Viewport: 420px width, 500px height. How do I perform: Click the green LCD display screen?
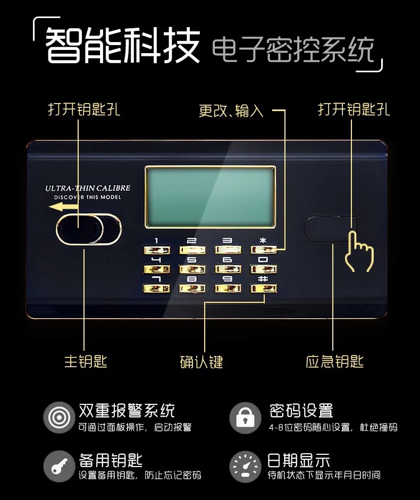[x=211, y=197]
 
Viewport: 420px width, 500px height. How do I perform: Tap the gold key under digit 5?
[x=192, y=269]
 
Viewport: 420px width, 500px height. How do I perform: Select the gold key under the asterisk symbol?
[x=264, y=250]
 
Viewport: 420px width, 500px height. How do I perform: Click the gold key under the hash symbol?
[x=264, y=289]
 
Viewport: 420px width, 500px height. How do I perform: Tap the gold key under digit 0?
[x=264, y=269]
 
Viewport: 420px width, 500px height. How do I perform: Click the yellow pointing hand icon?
[x=359, y=252]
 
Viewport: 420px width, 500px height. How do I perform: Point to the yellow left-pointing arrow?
[x=63, y=207]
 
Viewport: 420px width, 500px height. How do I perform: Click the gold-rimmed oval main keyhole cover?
[x=89, y=229]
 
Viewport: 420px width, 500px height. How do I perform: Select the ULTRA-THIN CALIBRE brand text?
[x=88, y=188]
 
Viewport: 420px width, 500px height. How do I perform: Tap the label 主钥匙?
[x=86, y=362]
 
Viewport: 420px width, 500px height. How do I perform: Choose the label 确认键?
[x=201, y=362]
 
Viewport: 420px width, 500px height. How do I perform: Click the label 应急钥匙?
[x=334, y=362]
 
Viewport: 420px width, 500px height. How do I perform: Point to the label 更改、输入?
[x=231, y=111]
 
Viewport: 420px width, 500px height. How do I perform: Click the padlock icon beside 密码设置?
[x=245, y=418]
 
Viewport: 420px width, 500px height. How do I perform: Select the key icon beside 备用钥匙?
[x=60, y=466]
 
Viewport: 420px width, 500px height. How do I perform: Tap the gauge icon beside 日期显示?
[x=245, y=467]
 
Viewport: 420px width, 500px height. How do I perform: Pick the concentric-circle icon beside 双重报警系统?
[x=60, y=418]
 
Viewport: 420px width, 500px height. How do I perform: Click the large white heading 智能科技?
[x=123, y=45]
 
